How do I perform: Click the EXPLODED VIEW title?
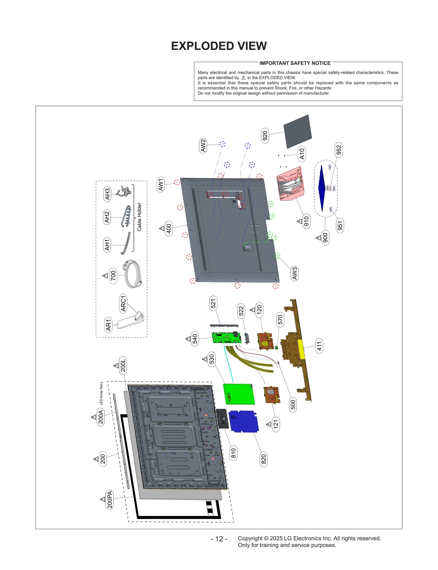click(x=219, y=46)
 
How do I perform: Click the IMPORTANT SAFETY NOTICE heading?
click(x=295, y=63)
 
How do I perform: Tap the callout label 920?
click(x=265, y=136)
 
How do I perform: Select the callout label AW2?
click(x=203, y=146)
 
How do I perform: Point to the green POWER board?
click(x=239, y=394)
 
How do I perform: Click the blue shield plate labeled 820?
click(x=244, y=421)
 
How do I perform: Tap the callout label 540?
click(x=195, y=339)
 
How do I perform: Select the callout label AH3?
click(x=107, y=194)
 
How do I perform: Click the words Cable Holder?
click(x=139, y=217)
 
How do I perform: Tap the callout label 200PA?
click(x=109, y=500)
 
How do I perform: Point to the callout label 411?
click(x=319, y=346)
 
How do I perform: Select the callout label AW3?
click(x=294, y=273)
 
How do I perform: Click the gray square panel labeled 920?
click(x=297, y=132)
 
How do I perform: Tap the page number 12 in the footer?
click(x=219, y=539)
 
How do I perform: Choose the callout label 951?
click(x=340, y=226)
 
